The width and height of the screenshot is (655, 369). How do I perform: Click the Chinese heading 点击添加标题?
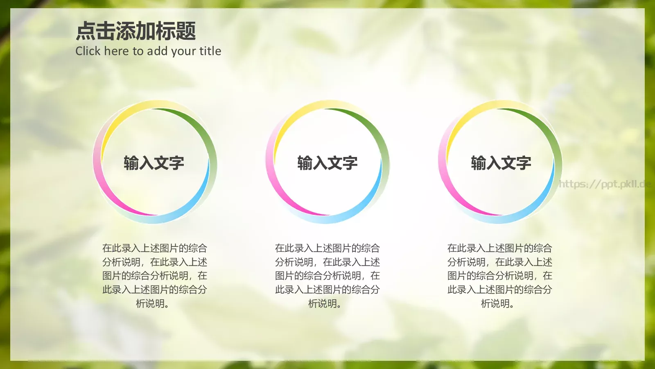(x=136, y=32)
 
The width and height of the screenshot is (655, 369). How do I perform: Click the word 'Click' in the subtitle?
(x=88, y=51)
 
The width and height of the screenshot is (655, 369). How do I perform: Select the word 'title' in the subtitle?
(x=210, y=51)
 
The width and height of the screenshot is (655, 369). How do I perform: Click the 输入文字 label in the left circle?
(x=154, y=163)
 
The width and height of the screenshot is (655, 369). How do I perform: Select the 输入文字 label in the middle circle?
(x=327, y=163)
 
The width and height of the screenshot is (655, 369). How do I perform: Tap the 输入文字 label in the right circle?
(x=501, y=163)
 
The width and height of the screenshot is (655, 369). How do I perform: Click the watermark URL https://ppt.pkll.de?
(x=605, y=184)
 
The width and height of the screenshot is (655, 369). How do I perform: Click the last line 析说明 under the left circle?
(x=152, y=304)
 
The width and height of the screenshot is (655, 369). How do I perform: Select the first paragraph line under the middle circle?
(x=327, y=248)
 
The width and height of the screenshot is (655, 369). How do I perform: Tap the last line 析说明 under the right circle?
(x=497, y=304)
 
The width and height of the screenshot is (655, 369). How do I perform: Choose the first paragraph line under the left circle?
(x=155, y=248)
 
